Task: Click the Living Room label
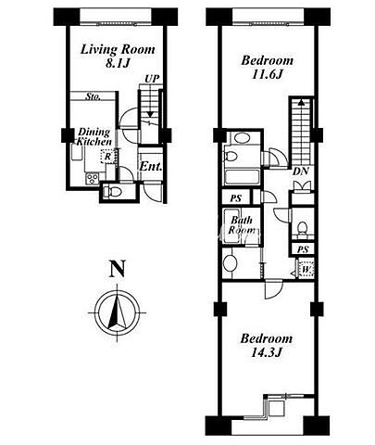coord(118,50)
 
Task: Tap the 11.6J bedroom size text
coord(268,74)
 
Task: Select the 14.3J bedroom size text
coord(267,352)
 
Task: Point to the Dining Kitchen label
coord(94,137)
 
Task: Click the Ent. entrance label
coord(151,167)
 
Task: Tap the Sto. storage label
coord(94,96)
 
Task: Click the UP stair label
coord(153,79)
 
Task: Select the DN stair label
coord(301,172)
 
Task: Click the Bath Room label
coord(243,225)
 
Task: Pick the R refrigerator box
coord(107,157)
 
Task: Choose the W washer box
coord(306,269)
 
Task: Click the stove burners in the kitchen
coord(92,179)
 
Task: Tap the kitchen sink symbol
coord(77,153)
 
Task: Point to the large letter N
coord(118,269)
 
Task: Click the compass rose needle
coord(117,311)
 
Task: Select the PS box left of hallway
coord(236,198)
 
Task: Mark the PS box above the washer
coord(303,249)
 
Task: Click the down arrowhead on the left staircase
coord(150,114)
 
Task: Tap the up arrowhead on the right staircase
coord(301,102)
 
